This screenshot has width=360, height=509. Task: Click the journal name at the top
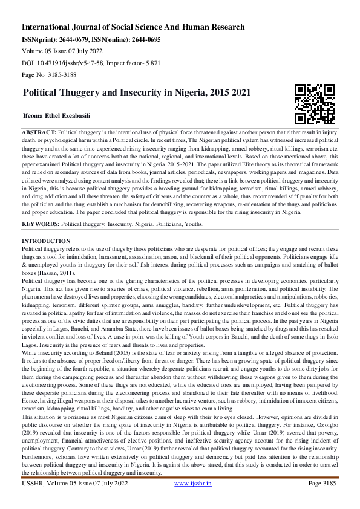[133, 27]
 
